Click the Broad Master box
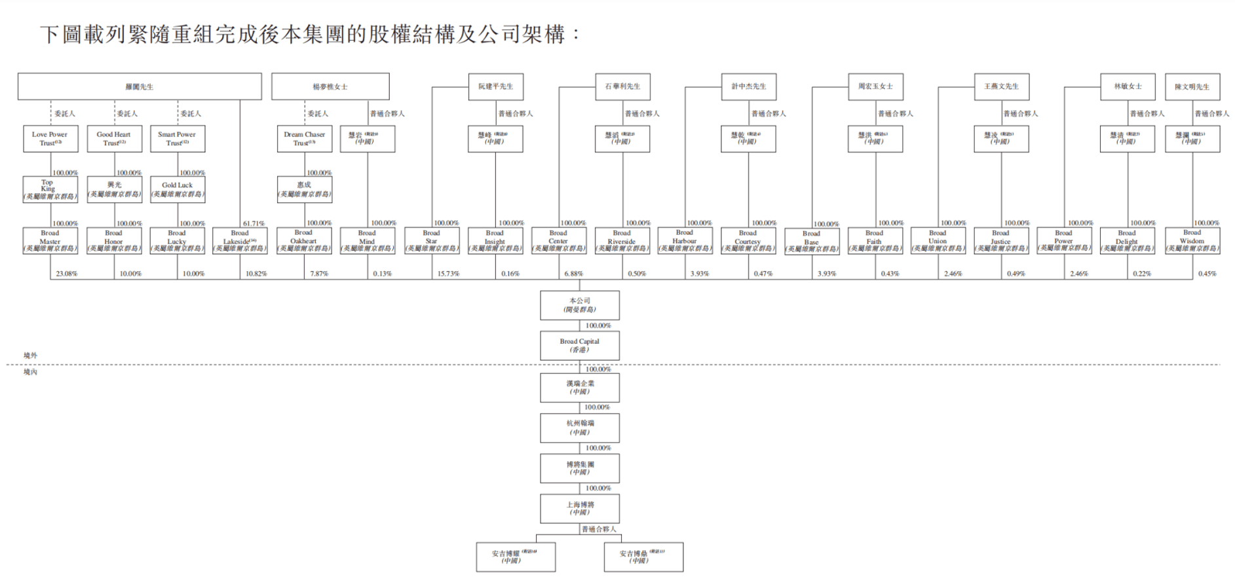(x=50, y=241)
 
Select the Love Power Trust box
(x=50, y=139)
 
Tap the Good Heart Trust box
(x=114, y=139)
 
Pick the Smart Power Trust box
(x=178, y=139)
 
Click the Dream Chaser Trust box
(x=305, y=139)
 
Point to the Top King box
(x=50, y=189)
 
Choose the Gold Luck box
(x=178, y=189)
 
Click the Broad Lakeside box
(x=240, y=241)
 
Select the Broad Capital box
(x=579, y=346)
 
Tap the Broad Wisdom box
(x=1192, y=241)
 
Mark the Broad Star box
(x=432, y=241)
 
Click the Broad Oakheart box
(x=304, y=241)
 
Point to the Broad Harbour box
(x=685, y=241)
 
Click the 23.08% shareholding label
(x=67, y=274)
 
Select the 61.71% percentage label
(x=254, y=223)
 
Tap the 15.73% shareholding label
(x=449, y=274)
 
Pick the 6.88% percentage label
(x=573, y=274)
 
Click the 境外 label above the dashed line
(x=30, y=356)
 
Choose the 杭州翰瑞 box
(x=579, y=428)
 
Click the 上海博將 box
(x=579, y=509)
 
